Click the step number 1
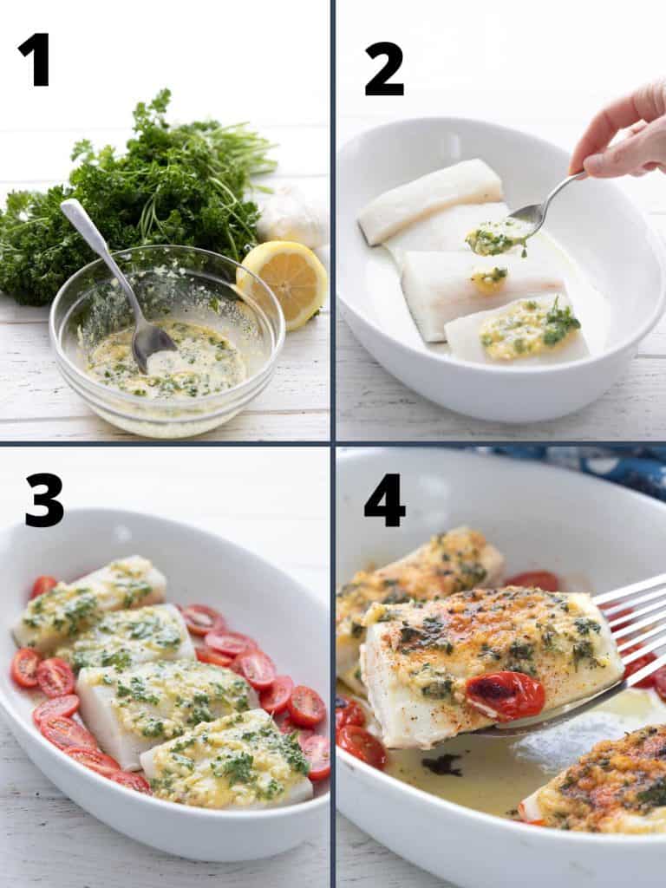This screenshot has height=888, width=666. click(x=35, y=60)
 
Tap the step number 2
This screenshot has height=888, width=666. click(x=384, y=69)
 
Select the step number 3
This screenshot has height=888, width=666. click(x=44, y=500)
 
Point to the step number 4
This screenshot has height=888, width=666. click(x=384, y=500)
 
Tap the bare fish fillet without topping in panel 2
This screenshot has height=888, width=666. click(x=430, y=201)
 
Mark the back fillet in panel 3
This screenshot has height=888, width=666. click(x=90, y=599)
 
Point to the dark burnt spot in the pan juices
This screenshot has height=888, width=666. click(x=442, y=765)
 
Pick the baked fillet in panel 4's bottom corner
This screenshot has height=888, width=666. click(x=600, y=781)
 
